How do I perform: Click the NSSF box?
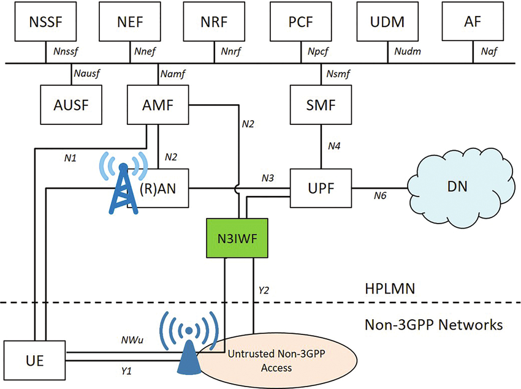pyautogui.click(x=46, y=23)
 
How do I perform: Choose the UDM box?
pyautogui.click(x=387, y=23)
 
